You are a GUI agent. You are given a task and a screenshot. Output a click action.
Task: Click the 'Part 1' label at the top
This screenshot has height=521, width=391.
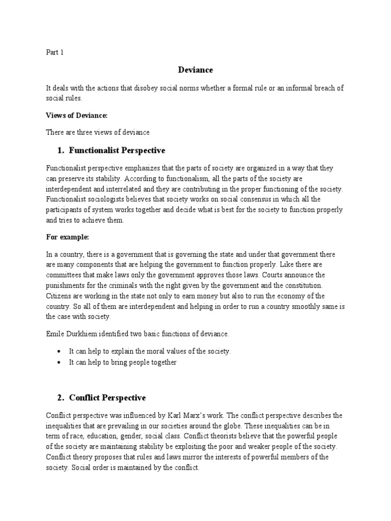coord(55,52)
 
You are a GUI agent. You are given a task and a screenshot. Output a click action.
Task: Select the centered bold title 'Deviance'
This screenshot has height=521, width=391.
coord(195,70)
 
